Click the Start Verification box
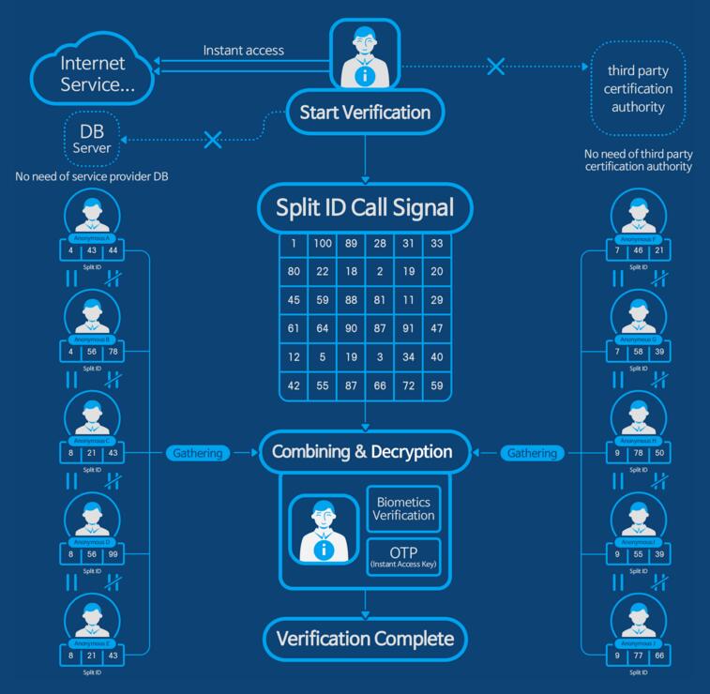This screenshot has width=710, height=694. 364,113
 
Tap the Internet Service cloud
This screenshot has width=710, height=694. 92,72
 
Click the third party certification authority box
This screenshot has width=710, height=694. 638,89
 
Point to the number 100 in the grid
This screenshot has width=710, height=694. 323,244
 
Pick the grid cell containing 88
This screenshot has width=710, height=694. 351,300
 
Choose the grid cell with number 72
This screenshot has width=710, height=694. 408,385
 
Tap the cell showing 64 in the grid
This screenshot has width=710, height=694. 323,328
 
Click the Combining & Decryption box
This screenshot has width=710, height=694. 362,452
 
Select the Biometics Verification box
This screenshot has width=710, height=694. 403,507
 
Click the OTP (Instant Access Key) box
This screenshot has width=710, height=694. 403,556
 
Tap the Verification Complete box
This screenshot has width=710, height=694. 365,640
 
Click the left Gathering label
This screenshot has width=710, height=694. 198,453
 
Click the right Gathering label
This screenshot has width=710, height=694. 532,453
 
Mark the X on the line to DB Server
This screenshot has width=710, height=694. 213,141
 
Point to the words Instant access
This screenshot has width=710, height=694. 244,50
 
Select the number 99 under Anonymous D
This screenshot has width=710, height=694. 113,554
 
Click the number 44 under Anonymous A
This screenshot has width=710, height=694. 113,250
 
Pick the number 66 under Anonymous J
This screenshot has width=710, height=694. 660,656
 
